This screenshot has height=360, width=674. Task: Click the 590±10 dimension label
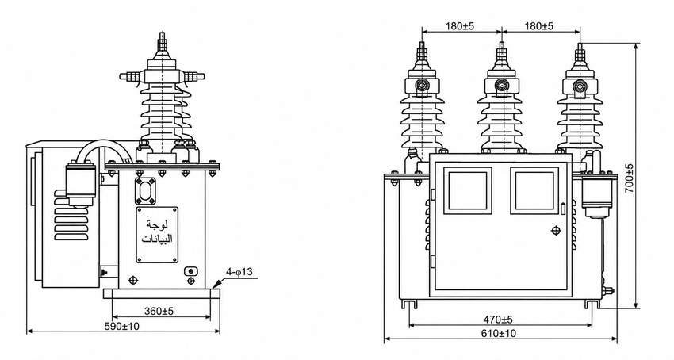point(122,326)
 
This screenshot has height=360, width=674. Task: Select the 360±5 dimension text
point(159,311)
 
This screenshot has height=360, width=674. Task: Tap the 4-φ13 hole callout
point(240,272)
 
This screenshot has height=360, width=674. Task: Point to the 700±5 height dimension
point(629,178)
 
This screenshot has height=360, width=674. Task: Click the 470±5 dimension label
point(498,320)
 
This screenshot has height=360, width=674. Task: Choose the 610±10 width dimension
point(499,333)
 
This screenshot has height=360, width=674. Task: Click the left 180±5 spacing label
point(459,26)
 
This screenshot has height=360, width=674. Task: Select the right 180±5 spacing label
point(538,26)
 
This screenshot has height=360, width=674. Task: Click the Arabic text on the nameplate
point(157,232)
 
